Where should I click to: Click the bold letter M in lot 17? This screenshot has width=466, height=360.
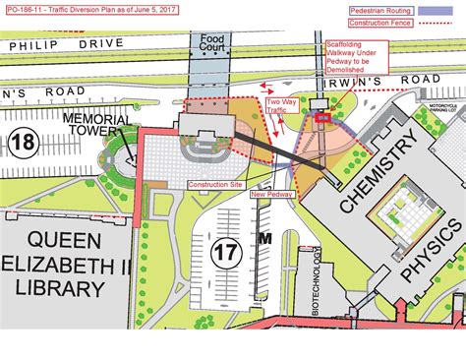pos(264,238)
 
